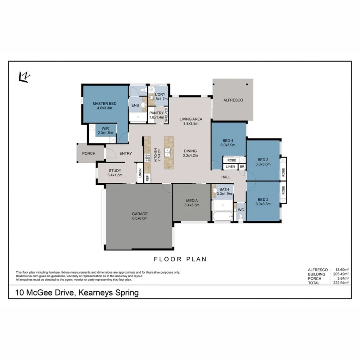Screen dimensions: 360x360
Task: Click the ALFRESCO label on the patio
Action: [x=233, y=100]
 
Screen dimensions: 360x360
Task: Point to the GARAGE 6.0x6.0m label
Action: [x=140, y=216]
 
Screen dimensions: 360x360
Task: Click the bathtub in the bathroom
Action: [x=222, y=216]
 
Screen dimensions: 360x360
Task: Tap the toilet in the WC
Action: [x=240, y=216]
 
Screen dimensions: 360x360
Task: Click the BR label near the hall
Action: [x=242, y=166]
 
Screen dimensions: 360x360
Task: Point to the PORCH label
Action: [x=88, y=153]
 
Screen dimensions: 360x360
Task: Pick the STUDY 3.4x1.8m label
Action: [x=115, y=173]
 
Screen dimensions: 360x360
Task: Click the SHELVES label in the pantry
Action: [x=166, y=115]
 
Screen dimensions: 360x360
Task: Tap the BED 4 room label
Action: [x=228, y=142]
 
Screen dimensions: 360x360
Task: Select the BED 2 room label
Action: [x=262, y=201]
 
